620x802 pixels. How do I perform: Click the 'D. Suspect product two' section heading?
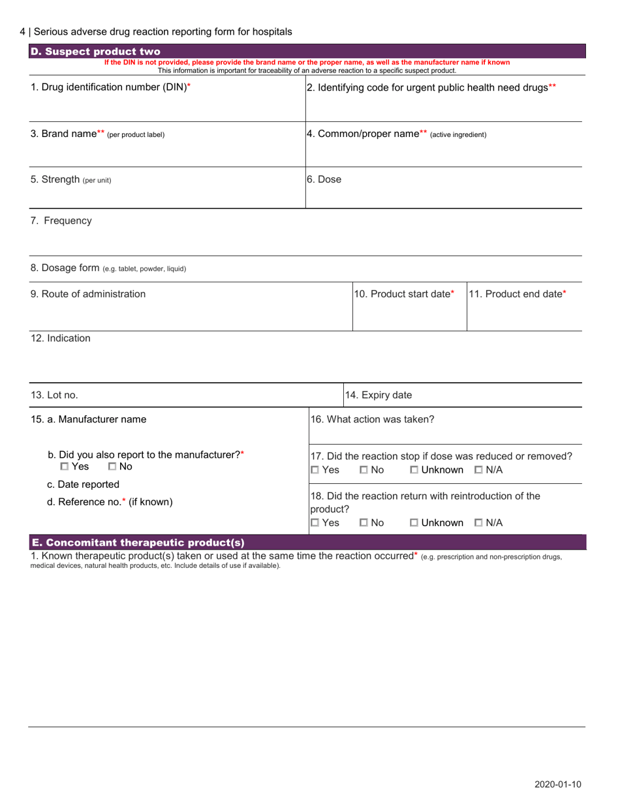tap(95, 52)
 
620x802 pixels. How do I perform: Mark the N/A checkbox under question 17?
tap(478, 469)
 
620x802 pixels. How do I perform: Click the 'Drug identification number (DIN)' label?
tap(111, 87)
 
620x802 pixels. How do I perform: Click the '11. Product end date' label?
tap(518, 294)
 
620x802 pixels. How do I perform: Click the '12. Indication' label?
tap(61, 338)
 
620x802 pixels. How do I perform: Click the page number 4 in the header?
tap(23, 31)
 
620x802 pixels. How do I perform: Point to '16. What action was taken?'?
tap(372, 419)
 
